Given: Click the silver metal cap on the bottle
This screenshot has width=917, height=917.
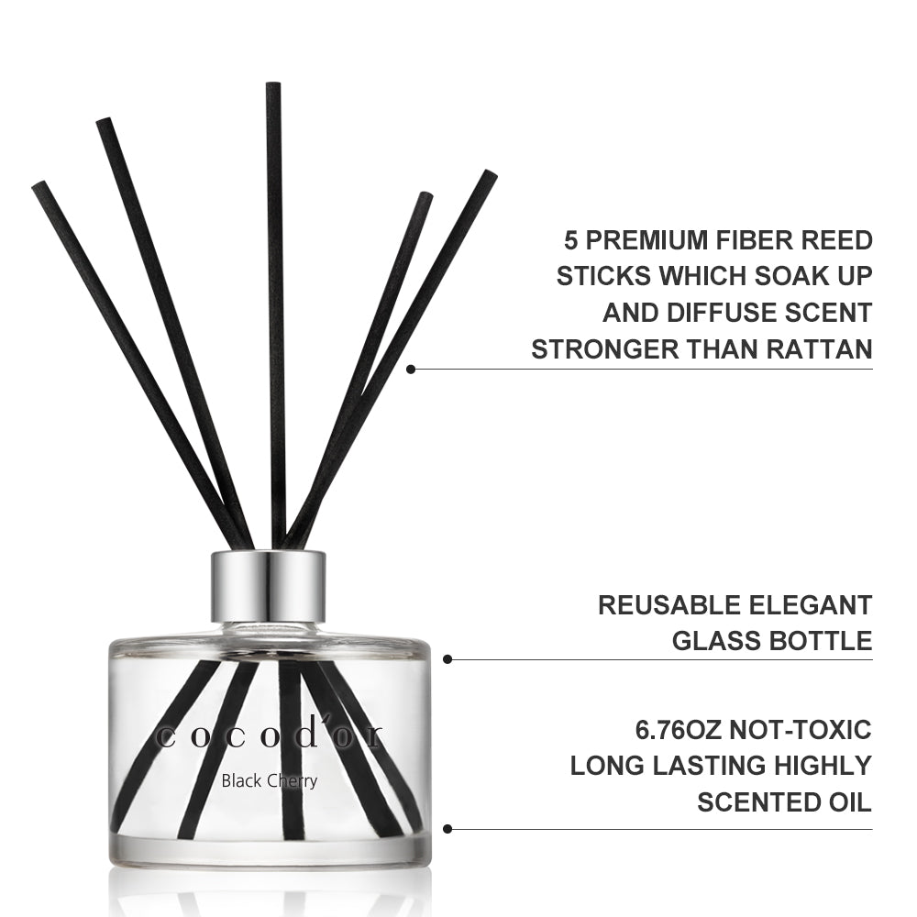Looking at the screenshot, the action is [268, 587].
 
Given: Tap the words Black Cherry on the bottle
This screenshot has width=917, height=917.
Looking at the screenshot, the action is [269, 781].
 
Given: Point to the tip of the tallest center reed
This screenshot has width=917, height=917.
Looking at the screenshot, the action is [272, 85].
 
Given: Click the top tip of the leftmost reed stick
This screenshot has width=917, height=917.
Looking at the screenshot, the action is [39, 185].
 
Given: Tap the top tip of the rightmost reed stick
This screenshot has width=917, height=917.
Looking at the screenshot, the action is [490, 173].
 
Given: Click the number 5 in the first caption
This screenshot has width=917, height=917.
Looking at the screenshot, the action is [570, 240].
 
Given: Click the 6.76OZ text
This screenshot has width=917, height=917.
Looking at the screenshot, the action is [679, 730].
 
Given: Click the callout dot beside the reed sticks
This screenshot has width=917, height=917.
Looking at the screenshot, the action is [411, 369].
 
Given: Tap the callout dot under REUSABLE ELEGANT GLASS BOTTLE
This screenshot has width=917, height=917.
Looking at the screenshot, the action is [447, 659].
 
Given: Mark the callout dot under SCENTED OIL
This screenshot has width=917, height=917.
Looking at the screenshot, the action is [447, 829].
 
